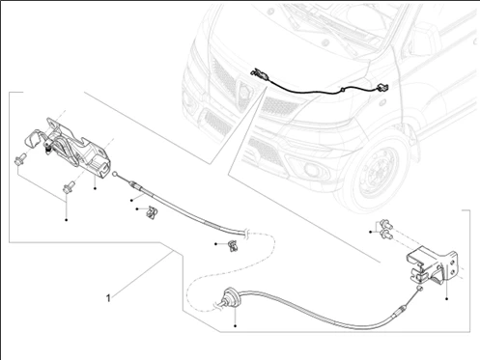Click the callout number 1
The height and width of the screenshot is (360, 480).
pos(108,298)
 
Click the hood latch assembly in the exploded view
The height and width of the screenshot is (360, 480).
pos(69,147)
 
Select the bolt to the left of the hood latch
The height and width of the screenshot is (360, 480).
pos(19,159)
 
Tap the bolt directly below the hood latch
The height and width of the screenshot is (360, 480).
pos(69,187)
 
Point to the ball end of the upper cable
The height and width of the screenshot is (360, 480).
pos(115,174)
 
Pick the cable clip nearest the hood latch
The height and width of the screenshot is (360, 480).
pos(151,212)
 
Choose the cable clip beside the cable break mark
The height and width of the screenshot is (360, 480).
pos(233,245)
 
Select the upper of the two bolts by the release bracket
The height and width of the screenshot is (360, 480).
pos(385,224)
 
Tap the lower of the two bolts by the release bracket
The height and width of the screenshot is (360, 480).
pos(386,235)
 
